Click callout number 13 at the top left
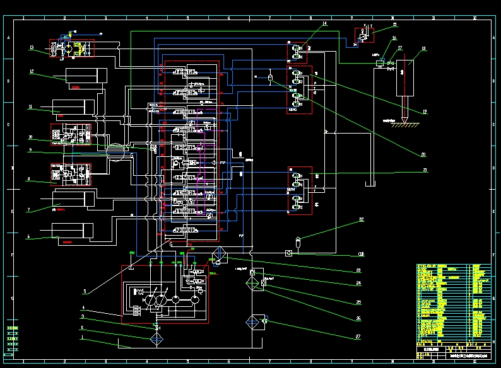click(x=31, y=47)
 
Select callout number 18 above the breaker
click(x=423, y=48)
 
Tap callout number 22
click(x=362, y=219)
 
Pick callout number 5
click(x=84, y=292)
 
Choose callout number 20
click(x=423, y=154)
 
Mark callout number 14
click(x=324, y=24)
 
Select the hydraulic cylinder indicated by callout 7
click(x=74, y=198)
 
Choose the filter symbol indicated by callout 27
click(x=257, y=322)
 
